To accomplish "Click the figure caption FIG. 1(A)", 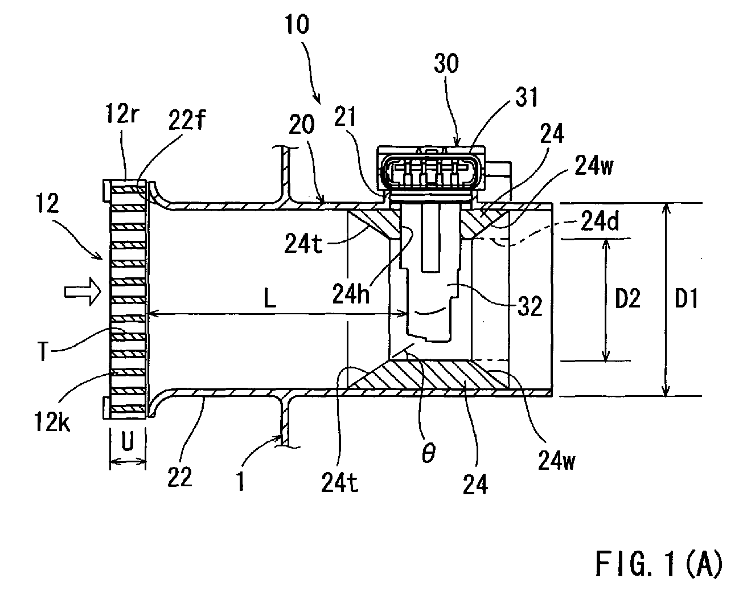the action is click(659, 563).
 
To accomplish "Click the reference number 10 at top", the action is click(297, 24).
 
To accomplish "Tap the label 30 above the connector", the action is click(446, 64).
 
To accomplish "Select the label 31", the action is click(526, 97).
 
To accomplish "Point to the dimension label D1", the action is click(686, 298).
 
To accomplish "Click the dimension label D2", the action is click(628, 298).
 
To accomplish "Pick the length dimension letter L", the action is click(269, 299).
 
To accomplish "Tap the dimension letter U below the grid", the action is click(128, 442).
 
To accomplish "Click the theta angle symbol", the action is click(428, 453).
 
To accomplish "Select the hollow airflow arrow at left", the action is click(83, 292).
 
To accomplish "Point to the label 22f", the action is click(187, 120).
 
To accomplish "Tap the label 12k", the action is click(52, 421).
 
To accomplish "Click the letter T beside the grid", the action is click(43, 351).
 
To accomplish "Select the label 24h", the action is click(351, 293).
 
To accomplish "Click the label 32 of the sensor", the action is click(530, 306).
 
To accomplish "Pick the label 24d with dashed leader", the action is click(600, 221).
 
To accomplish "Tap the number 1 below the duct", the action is click(241, 481).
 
